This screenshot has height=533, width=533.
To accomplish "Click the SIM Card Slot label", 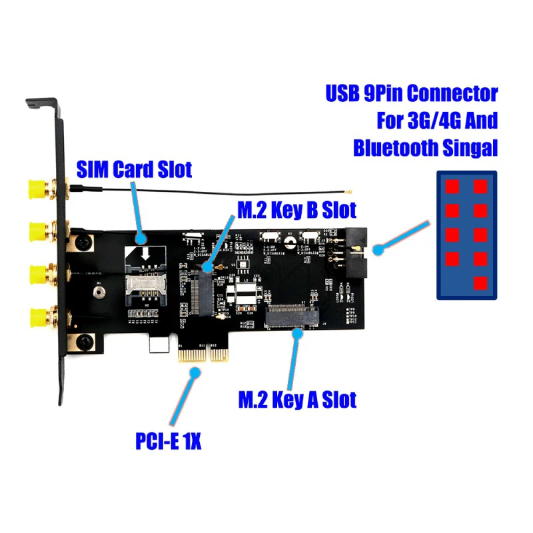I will coord(135,169).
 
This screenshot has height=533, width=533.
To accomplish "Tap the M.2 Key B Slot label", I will coord(297,209).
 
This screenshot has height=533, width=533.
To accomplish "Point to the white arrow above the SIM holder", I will coord(143,254).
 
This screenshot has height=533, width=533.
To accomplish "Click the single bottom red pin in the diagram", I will coord(480,283).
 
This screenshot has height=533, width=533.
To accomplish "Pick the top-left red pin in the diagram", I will coord(453,187).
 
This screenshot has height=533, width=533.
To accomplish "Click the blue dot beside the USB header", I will coord(378,251).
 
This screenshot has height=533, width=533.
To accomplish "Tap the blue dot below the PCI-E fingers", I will coord(194,374).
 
